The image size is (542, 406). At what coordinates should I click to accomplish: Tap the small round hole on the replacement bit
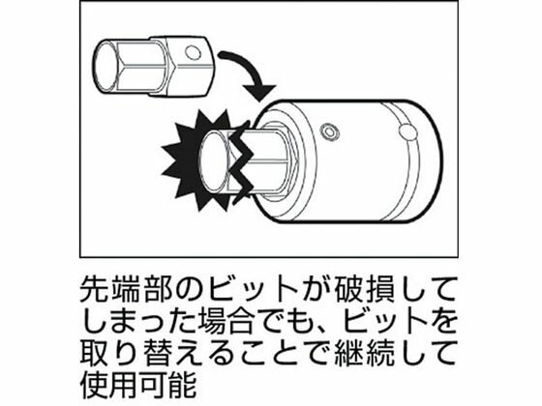[193, 53]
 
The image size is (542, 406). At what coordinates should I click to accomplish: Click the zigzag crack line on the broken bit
[240, 160]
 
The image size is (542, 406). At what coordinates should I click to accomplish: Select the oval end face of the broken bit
[213, 161]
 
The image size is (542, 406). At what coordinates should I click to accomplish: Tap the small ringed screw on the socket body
[329, 131]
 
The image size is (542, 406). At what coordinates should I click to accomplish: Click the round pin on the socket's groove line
[407, 132]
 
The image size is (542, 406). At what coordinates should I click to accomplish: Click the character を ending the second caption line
[442, 320]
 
